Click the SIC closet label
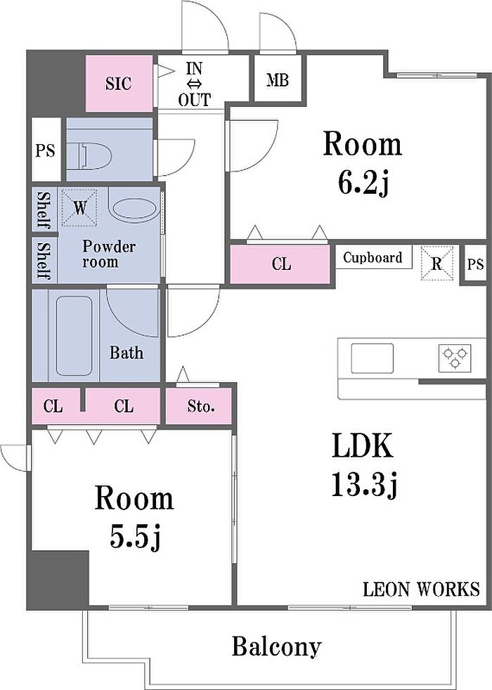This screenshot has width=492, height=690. point(118,83)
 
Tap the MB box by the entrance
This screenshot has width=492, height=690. point(278,79)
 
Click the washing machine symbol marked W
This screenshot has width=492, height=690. point(79,207)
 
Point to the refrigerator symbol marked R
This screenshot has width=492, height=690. point(436,263)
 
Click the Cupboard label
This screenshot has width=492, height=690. point(373,257)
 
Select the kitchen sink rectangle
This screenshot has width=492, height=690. point(372,358)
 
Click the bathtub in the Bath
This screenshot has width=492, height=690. point(75,335)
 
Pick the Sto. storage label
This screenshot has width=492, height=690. point(201,406)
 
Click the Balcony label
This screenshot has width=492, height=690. point(276,647)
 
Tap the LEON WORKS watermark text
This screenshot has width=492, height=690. point(421,589)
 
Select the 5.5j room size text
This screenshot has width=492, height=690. point(135,538)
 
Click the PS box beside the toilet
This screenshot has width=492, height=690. point(45,150)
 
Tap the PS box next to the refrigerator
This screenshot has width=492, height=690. point(475,264)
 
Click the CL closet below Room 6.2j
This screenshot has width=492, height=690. point(280,263)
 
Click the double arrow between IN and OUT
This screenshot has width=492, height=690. point(195,84)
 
